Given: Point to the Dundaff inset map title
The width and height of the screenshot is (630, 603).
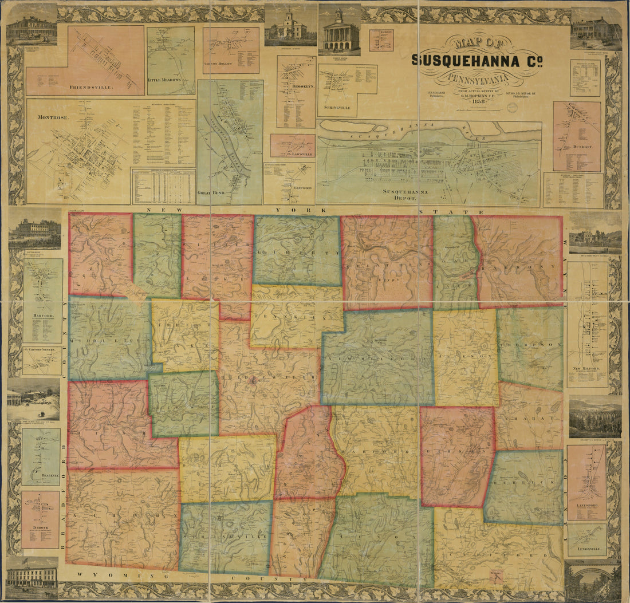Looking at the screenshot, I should coord(576,146).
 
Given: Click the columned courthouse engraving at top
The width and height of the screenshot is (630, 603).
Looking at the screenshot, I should coord(340,33).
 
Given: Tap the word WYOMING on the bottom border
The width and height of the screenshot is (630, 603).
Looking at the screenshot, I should coord(101,575).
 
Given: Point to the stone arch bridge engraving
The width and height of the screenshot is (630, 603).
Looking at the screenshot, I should coord(593,580).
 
